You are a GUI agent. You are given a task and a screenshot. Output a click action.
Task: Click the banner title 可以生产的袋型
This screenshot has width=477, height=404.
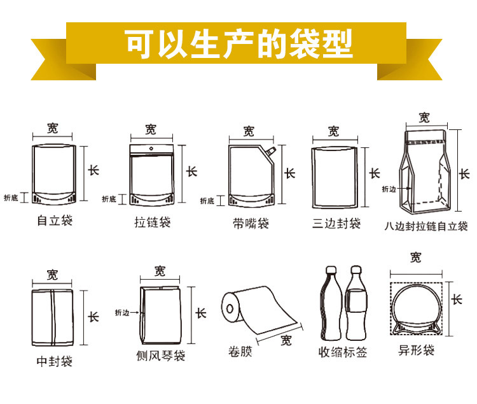[x=239, y=43]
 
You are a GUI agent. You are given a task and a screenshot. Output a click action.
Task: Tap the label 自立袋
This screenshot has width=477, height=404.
[x=55, y=220]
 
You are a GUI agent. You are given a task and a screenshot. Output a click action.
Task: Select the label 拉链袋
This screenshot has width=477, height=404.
[x=153, y=222]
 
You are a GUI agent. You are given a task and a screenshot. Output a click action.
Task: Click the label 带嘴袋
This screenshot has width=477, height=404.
[x=251, y=224]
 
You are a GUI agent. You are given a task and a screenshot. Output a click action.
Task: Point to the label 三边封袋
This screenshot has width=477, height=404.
[x=336, y=224]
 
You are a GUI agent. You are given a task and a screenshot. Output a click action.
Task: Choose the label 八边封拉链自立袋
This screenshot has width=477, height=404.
[x=426, y=226]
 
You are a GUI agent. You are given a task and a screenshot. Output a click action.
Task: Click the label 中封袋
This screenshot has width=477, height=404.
[x=55, y=361]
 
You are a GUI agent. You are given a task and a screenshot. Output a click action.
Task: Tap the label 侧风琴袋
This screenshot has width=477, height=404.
[x=161, y=356]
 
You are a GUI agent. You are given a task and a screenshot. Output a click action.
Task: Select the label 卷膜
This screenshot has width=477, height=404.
[x=240, y=352]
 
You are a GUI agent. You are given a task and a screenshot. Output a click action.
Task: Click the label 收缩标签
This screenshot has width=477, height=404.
[x=343, y=352]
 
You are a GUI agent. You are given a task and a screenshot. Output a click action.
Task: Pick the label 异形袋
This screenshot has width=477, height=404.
[x=416, y=350]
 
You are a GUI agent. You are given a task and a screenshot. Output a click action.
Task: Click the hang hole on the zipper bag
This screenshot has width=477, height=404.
[x=151, y=148]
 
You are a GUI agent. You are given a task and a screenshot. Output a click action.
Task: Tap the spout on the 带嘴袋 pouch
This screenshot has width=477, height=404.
[x=271, y=150]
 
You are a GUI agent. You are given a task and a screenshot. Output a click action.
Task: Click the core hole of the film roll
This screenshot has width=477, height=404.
[x=230, y=308]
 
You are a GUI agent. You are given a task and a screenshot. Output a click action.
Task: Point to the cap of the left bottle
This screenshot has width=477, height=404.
[x=331, y=270]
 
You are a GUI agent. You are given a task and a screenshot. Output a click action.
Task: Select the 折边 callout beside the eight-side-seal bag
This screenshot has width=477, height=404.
[x=389, y=189]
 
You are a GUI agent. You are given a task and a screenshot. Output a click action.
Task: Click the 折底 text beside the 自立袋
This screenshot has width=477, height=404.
[x=11, y=198]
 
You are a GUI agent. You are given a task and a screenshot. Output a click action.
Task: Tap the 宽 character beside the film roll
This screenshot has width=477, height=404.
[x=286, y=340]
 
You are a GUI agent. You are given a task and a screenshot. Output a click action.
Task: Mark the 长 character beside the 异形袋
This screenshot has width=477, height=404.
[x=457, y=299]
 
